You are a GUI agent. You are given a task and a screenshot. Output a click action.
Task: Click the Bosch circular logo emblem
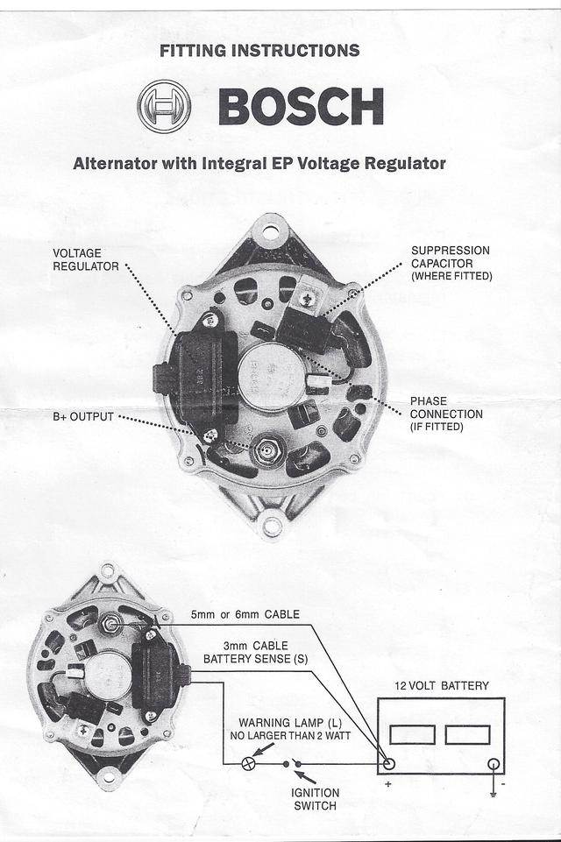click(164, 106)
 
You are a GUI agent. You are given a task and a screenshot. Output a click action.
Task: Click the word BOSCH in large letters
click(301, 106)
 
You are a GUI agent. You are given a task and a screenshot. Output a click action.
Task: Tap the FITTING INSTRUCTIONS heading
click(259, 51)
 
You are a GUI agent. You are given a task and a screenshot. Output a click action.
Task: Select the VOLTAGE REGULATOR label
click(86, 259)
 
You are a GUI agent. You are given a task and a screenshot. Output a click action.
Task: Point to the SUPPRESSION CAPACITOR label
click(451, 263)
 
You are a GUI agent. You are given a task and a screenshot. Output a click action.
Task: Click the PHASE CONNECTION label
click(446, 414)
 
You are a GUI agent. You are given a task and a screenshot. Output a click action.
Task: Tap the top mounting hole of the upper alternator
click(270, 234)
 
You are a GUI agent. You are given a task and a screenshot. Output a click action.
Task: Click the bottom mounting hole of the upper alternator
click(273, 527)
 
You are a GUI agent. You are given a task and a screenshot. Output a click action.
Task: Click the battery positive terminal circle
click(388, 763)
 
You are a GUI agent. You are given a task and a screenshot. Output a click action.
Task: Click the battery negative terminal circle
click(494, 763)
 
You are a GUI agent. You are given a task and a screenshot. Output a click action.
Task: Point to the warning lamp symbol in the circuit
click(248, 763)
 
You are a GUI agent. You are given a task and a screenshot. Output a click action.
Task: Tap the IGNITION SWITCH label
click(315, 798)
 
